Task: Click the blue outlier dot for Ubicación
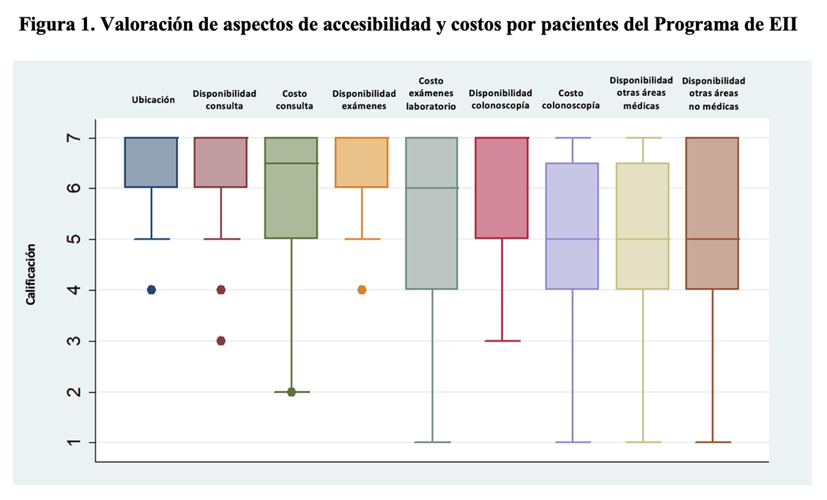click(151, 289)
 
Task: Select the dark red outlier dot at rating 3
click(221, 341)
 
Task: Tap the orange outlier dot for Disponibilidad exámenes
click(362, 289)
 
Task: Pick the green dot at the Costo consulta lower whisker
click(291, 392)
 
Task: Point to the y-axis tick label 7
click(74, 138)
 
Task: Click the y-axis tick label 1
click(74, 443)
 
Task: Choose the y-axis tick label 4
click(74, 290)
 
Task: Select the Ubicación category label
click(153, 100)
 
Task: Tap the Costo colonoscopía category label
click(570, 99)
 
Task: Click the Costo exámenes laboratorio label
click(431, 94)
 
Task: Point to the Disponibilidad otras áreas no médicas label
click(714, 94)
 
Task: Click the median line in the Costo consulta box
click(291, 164)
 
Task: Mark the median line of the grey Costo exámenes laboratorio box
click(432, 188)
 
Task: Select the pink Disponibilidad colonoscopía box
click(502, 188)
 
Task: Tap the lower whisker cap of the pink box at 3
click(502, 341)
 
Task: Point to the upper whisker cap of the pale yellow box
click(643, 138)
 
